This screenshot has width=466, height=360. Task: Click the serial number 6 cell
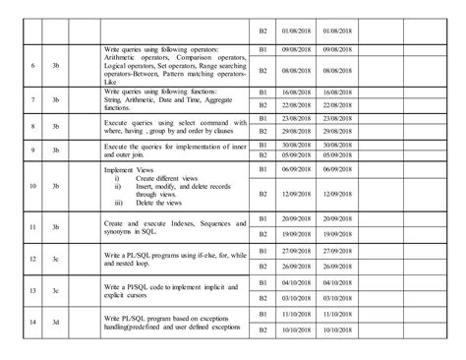point(34,66)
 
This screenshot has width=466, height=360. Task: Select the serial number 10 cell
point(34,185)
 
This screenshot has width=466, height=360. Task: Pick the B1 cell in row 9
point(262,144)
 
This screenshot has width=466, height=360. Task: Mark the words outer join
point(123,152)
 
